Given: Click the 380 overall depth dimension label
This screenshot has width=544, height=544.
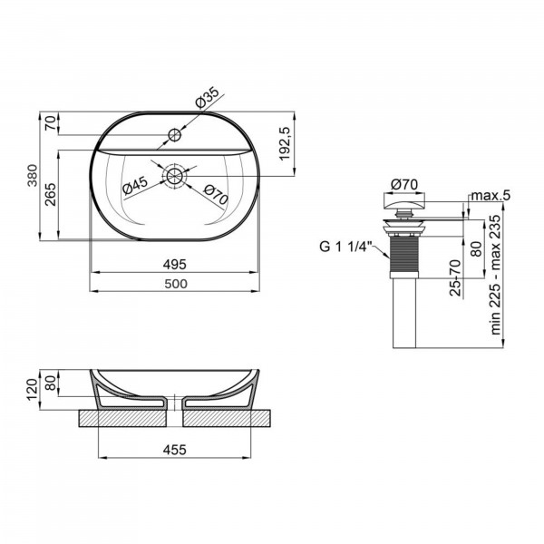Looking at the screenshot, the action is click(x=33, y=176).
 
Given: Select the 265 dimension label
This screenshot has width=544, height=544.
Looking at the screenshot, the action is click(x=51, y=194).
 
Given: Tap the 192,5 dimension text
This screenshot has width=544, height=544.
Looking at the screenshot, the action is click(x=284, y=143).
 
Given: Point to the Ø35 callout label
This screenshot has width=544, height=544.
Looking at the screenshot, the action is click(x=207, y=98).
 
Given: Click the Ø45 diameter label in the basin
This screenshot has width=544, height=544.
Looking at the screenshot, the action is click(x=135, y=185).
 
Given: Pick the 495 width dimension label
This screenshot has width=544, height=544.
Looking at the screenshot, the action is click(x=175, y=265).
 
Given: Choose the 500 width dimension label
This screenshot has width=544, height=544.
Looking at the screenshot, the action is click(x=176, y=284).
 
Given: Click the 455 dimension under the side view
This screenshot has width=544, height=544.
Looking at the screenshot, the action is click(x=175, y=450).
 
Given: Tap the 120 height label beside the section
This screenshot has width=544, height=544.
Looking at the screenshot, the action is click(x=33, y=390).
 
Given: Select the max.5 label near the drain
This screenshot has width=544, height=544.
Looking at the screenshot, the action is click(x=491, y=196).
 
